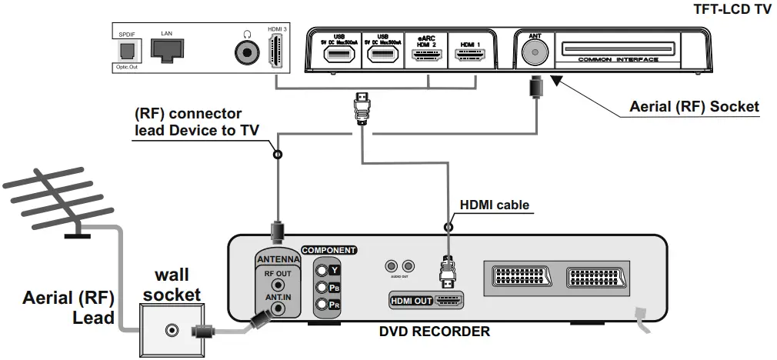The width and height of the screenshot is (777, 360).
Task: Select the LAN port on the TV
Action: click(x=166, y=50)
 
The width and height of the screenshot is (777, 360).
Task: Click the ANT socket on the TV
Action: click(x=533, y=53)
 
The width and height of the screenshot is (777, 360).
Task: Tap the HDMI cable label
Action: click(x=494, y=205)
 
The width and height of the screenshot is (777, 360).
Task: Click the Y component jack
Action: click(x=320, y=270)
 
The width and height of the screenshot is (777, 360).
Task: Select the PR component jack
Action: click(x=320, y=305)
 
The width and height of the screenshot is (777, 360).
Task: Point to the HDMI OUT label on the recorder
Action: click(x=412, y=301)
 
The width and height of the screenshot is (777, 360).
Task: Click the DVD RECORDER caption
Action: click(x=434, y=332)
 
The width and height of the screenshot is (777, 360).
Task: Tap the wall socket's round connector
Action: click(x=170, y=330)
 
